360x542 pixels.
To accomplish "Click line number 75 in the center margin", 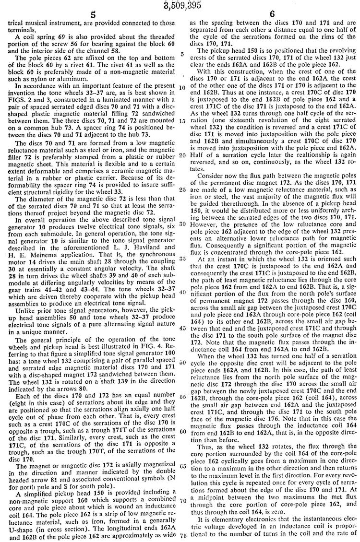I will (183, 536).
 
